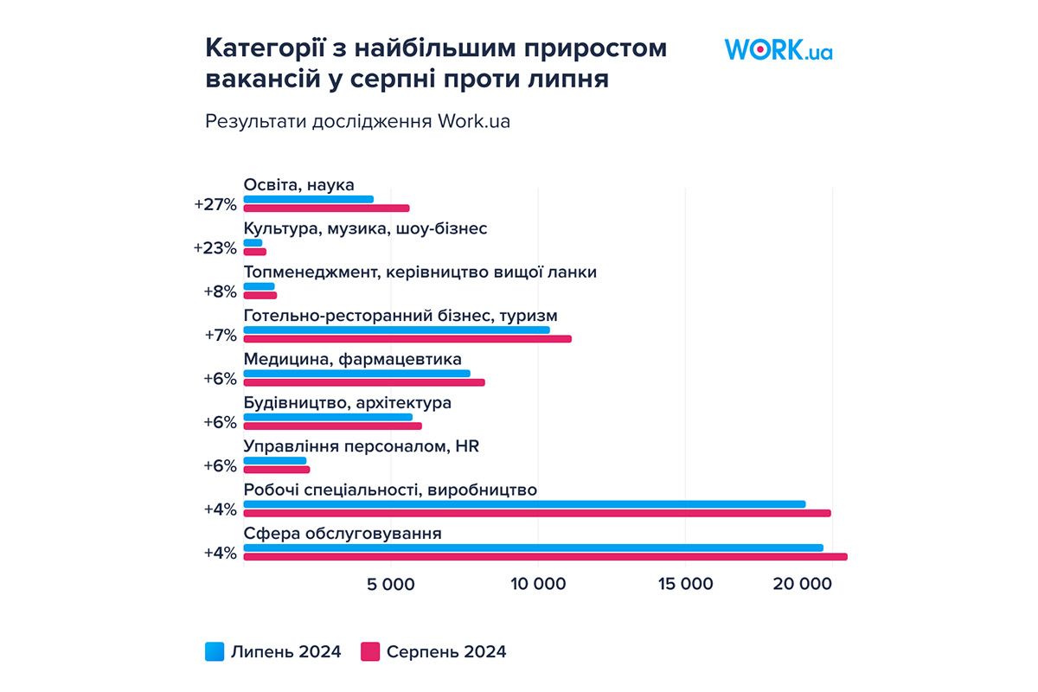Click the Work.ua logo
[x=778, y=48]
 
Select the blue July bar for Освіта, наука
[x=308, y=199]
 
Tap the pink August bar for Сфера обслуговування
[x=545, y=556]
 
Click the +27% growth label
[x=215, y=204]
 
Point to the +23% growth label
[x=215, y=247]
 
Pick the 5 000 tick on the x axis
[x=391, y=585]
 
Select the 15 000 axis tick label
[x=684, y=585]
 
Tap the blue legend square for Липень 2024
[x=215, y=651]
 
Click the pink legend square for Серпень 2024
[x=371, y=651]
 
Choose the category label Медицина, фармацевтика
[x=352, y=359]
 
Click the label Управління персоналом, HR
[x=361, y=446]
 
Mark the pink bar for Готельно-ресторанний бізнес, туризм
[x=407, y=338]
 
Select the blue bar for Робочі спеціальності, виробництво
[x=524, y=503]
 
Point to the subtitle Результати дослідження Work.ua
[x=357, y=121]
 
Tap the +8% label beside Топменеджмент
[x=220, y=292]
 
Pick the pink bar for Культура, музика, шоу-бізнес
[x=254, y=252]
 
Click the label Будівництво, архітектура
[x=347, y=403]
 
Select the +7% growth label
[x=220, y=335]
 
